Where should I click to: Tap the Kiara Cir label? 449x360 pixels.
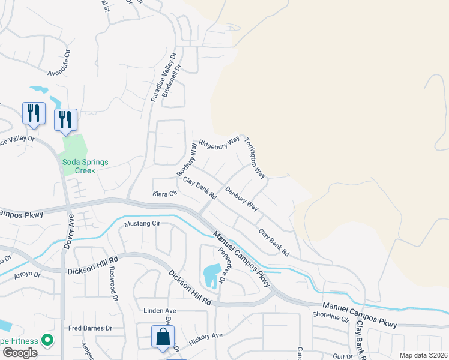point(165,194)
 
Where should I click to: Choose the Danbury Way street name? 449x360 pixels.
point(241,199)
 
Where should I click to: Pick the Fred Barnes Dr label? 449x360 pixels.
point(91,328)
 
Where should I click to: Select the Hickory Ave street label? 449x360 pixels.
point(206,338)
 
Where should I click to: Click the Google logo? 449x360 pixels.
point(20,353)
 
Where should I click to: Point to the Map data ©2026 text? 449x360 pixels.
point(423,355)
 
